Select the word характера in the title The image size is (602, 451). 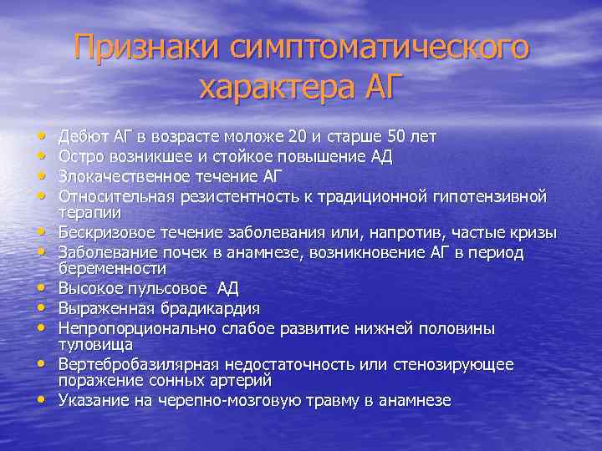pyautogui.click(x=263, y=85)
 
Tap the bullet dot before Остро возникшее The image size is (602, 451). pyautogui.click(x=40, y=155)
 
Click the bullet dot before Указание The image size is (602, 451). pyautogui.click(x=40, y=400)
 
